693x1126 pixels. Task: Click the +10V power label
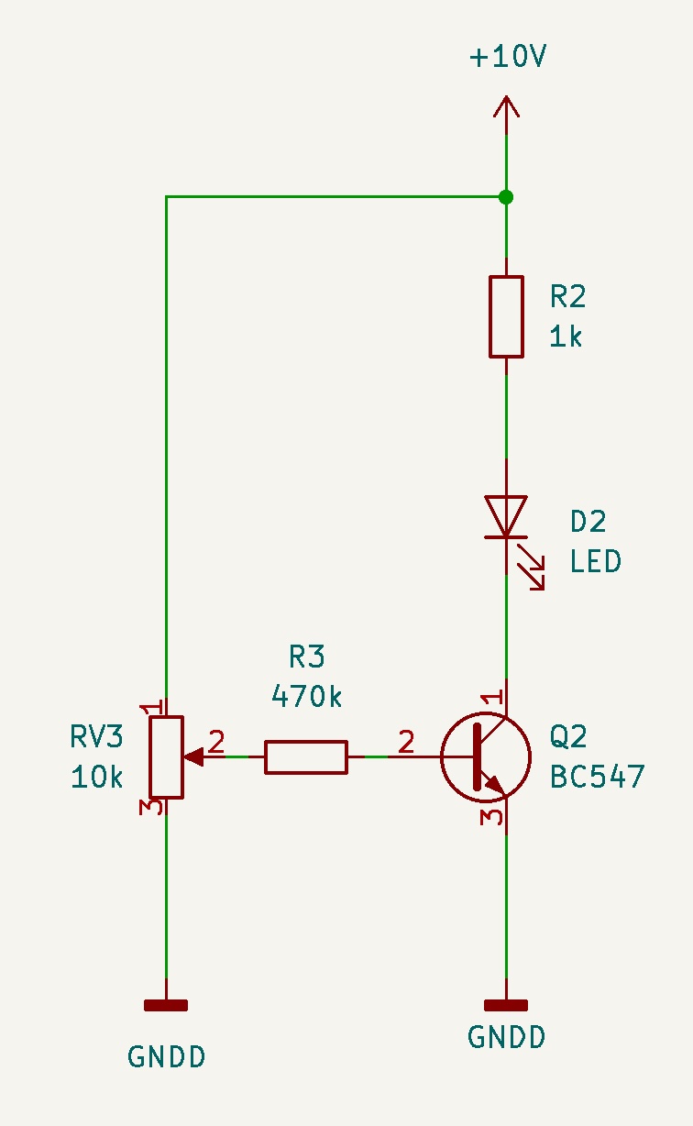pos(508,56)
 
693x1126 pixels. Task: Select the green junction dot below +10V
pos(506,197)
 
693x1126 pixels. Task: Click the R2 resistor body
pos(506,316)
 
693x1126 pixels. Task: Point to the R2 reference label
pos(567,296)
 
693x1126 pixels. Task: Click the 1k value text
pos(566,337)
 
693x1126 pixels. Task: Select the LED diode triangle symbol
pos(506,516)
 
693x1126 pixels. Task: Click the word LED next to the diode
pos(596,561)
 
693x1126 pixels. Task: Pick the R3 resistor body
pos(306,757)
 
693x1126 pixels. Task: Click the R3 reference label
pos(306,657)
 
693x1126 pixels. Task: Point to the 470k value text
pos(306,697)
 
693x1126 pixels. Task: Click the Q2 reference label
pos(567,737)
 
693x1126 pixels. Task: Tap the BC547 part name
pos(598,777)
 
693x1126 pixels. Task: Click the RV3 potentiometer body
pos(166,757)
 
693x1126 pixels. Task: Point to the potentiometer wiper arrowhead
pos(194,757)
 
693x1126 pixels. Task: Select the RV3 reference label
pos(96,737)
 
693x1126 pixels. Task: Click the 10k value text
pos(96,778)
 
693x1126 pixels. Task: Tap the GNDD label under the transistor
pos(506,1037)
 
